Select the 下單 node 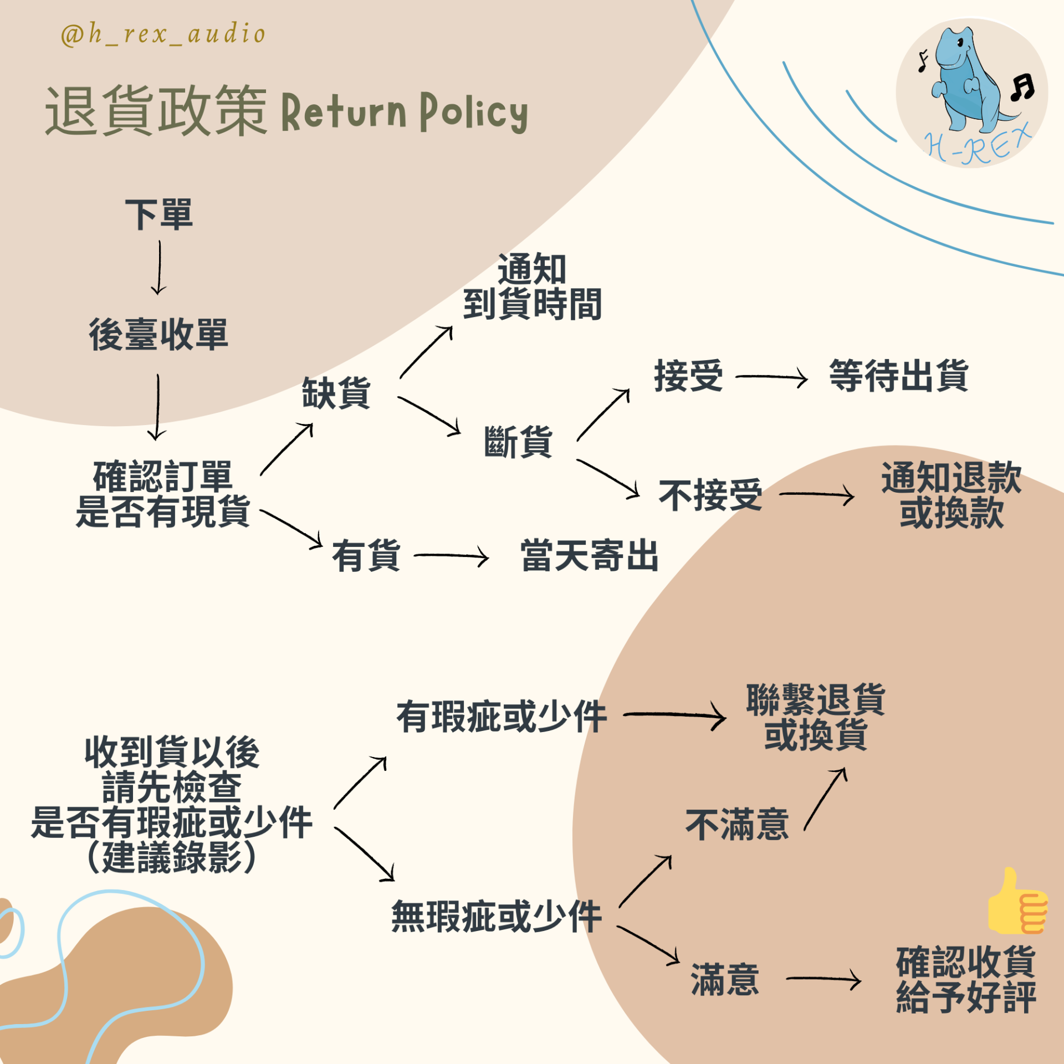[x=159, y=214]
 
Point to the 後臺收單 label [x=158, y=335]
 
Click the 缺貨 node [x=336, y=393]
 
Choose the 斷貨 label [x=518, y=442]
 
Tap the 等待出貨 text [x=898, y=376]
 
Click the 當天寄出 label [x=590, y=555]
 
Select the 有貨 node [x=366, y=555]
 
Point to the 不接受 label [x=710, y=495]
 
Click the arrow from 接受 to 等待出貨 [x=771, y=377]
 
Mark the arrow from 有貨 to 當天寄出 [x=451, y=556]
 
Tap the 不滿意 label [x=737, y=825]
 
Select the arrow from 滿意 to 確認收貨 [x=823, y=980]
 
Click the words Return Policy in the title [x=405, y=112]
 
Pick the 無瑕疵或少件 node [x=497, y=917]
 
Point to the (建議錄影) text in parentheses [x=172, y=857]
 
